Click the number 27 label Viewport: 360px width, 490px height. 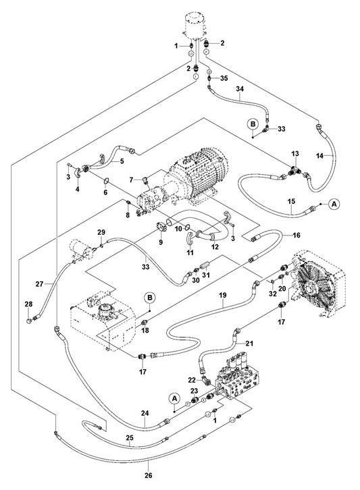tap(39, 283)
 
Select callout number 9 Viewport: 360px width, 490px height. tap(161, 242)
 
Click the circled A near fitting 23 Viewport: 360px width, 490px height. tap(174, 400)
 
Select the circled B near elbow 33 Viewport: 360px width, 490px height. tap(251, 124)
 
